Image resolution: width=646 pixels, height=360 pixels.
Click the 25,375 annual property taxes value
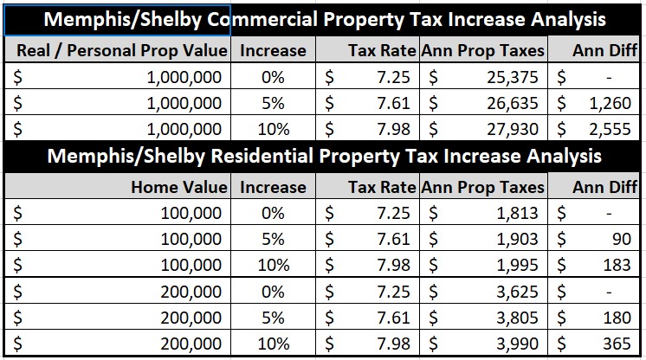tap(512, 77)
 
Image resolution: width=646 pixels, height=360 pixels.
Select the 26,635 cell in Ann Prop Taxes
tap(512, 103)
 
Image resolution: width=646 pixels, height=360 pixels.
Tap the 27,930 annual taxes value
tap(512, 129)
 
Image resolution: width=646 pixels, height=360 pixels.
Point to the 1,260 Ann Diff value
tap(610, 103)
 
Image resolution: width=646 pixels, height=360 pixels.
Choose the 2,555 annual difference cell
tap(610, 129)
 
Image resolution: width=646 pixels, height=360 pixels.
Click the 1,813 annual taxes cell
tap(518, 213)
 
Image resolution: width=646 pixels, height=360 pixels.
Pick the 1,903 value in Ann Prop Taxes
tap(518, 239)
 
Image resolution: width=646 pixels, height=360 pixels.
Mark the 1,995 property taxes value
tap(518, 265)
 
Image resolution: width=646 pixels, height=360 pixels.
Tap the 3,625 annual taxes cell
tap(518, 292)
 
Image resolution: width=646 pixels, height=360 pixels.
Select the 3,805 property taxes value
tap(518, 318)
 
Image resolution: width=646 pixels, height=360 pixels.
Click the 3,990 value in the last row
tap(518, 344)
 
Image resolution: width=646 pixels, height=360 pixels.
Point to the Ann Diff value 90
tap(622, 239)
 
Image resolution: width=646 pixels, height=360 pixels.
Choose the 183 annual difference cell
tap(617, 265)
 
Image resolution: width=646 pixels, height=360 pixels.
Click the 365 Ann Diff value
tap(617, 344)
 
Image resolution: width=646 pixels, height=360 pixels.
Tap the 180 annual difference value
tap(617, 318)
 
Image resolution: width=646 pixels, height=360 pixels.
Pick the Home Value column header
tap(179, 187)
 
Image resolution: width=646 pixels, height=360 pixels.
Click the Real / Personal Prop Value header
tap(122, 50)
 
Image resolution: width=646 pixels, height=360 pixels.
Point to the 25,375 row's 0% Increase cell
tap(273, 77)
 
